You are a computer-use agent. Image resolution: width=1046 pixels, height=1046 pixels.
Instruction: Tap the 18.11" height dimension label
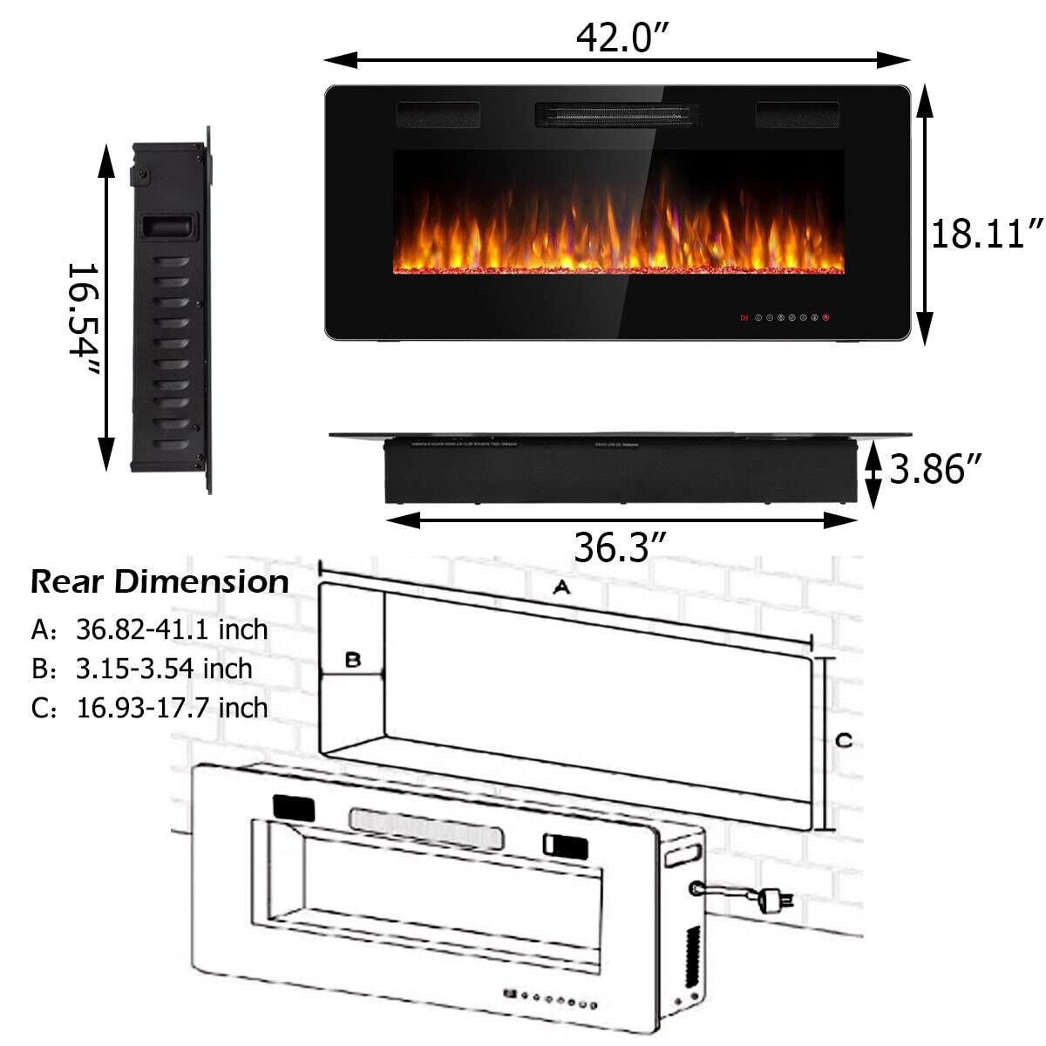[x=986, y=234]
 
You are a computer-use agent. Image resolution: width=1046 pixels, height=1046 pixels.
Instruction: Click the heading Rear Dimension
[x=160, y=581]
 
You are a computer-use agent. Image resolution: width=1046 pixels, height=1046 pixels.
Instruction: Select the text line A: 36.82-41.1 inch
[x=149, y=628]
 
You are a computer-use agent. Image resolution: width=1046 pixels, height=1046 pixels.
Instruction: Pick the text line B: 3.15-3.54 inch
[x=141, y=669]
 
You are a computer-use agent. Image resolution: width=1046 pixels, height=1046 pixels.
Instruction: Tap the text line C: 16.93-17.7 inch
[x=149, y=707]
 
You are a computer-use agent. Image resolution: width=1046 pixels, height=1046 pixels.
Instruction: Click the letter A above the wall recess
[x=561, y=588]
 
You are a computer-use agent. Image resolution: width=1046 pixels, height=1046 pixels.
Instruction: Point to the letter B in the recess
[x=352, y=660]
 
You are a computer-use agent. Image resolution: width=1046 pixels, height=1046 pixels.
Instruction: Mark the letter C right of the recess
[x=843, y=741]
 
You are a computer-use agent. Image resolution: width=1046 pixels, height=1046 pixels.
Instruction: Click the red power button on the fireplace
[x=825, y=317]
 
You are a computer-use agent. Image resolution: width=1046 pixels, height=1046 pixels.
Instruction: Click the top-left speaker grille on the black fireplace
[x=438, y=114]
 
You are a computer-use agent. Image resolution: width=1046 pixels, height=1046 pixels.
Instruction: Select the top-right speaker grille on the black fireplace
[x=797, y=114]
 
